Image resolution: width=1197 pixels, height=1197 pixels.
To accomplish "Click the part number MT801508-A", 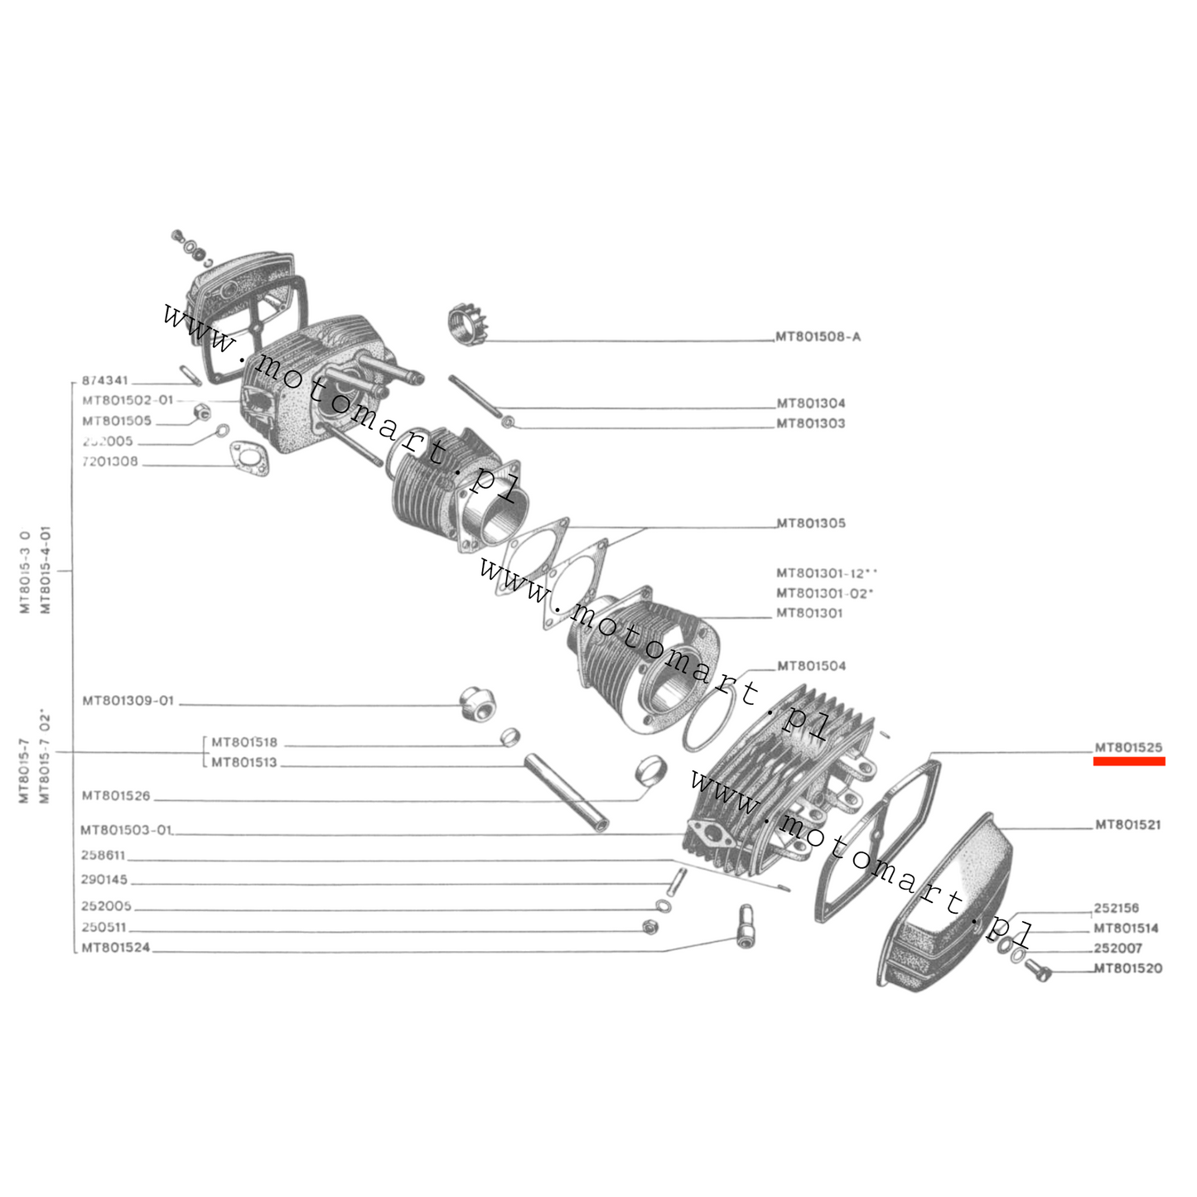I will click(818, 337).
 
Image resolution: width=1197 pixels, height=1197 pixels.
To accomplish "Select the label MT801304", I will click(810, 403).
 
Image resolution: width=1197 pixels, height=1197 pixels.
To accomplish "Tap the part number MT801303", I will click(810, 423).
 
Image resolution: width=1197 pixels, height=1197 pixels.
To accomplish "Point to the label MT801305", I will click(810, 524).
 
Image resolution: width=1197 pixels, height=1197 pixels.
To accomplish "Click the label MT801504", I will click(811, 666).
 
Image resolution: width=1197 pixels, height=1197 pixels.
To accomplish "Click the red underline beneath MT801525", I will click(1128, 761).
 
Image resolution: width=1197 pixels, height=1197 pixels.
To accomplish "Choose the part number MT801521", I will click(1127, 825).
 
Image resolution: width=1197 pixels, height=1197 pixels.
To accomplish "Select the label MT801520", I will click(1127, 968).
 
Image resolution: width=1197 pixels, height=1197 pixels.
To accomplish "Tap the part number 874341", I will click(104, 381).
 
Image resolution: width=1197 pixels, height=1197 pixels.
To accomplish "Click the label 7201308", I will click(110, 461).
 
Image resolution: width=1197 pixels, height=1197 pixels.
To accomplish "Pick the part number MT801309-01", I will click(128, 701).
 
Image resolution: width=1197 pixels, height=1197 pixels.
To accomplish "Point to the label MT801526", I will click(116, 796).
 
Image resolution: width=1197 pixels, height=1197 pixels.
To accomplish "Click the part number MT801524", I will click(116, 948).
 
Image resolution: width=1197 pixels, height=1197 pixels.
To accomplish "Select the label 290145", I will click(104, 880).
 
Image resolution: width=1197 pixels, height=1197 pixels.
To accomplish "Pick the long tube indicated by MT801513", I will click(566, 791).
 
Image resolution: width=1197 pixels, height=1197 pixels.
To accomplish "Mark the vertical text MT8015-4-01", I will click(46, 569).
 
